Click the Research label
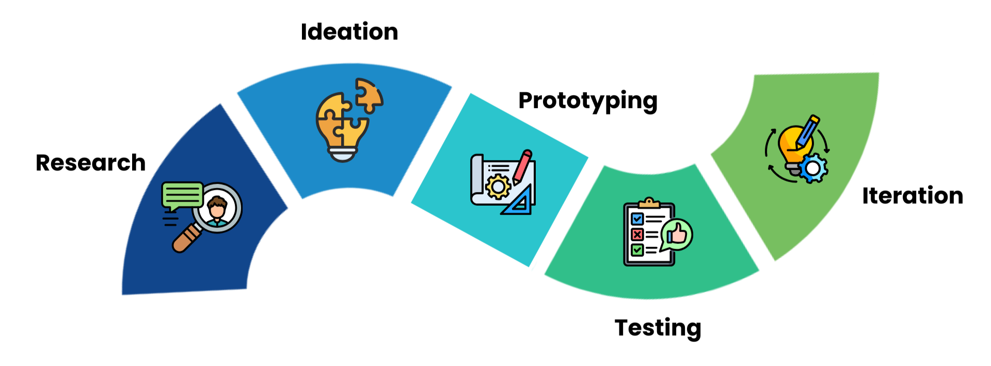[x=90, y=163]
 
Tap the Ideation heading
[x=349, y=32]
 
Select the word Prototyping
[x=587, y=101]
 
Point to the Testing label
[x=658, y=328]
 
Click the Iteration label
[x=912, y=196]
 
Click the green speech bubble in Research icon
[x=182, y=195]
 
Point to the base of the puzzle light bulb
[x=342, y=153]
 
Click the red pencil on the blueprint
[x=522, y=167]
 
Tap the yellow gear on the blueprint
[x=498, y=187]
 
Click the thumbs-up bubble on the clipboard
[x=677, y=235]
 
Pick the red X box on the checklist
[x=637, y=235]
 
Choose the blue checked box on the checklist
[x=637, y=219]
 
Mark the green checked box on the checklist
[x=637, y=250]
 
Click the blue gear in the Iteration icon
[x=813, y=168]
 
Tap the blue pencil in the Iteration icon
[x=807, y=131]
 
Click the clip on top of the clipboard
[x=649, y=203]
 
